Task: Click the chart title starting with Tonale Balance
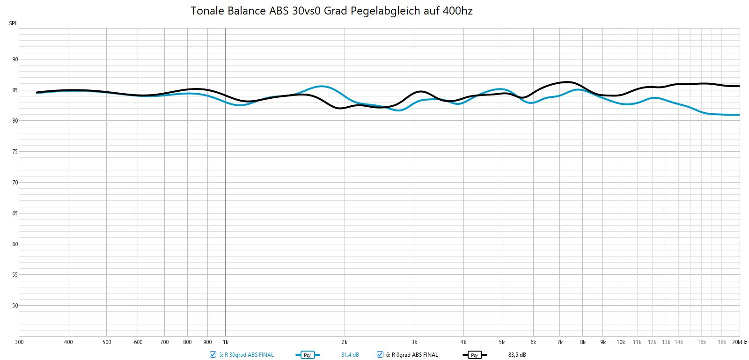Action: pos(331,11)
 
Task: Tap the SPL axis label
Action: pos(13,23)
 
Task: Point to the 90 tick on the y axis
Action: pos(15,59)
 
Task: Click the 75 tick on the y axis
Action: pos(15,152)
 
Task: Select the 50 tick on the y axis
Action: pos(15,306)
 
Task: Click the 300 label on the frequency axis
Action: pos(19,342)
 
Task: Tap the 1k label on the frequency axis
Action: pos(225,342)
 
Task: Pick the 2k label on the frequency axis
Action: pos(345,342)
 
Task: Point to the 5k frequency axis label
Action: pos(502,342)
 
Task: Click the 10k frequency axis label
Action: pos(621,342)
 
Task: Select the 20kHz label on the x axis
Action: pos(740,342)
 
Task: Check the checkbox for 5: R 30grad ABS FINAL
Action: pos(213,355)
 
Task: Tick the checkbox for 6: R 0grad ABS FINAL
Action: pos(380,355)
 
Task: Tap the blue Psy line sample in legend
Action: pos(308,355)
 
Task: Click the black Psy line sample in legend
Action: pos(475,355)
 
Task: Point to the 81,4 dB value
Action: pos(350,355)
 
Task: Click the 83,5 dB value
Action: pos(517,355)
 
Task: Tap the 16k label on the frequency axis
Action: pos(701,342)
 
